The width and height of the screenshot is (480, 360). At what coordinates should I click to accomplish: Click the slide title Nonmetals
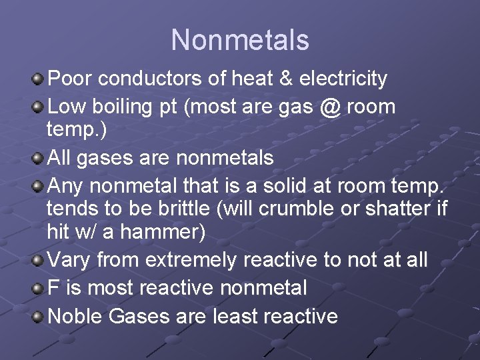(240, 40)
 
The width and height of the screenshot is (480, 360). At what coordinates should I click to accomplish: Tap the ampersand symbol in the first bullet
(285, 79)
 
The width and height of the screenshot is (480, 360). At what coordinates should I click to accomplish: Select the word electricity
(343, 79)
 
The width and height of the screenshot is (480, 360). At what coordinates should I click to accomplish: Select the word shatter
(399, 208)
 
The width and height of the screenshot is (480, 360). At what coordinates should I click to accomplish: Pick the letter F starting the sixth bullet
(54, 288)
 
